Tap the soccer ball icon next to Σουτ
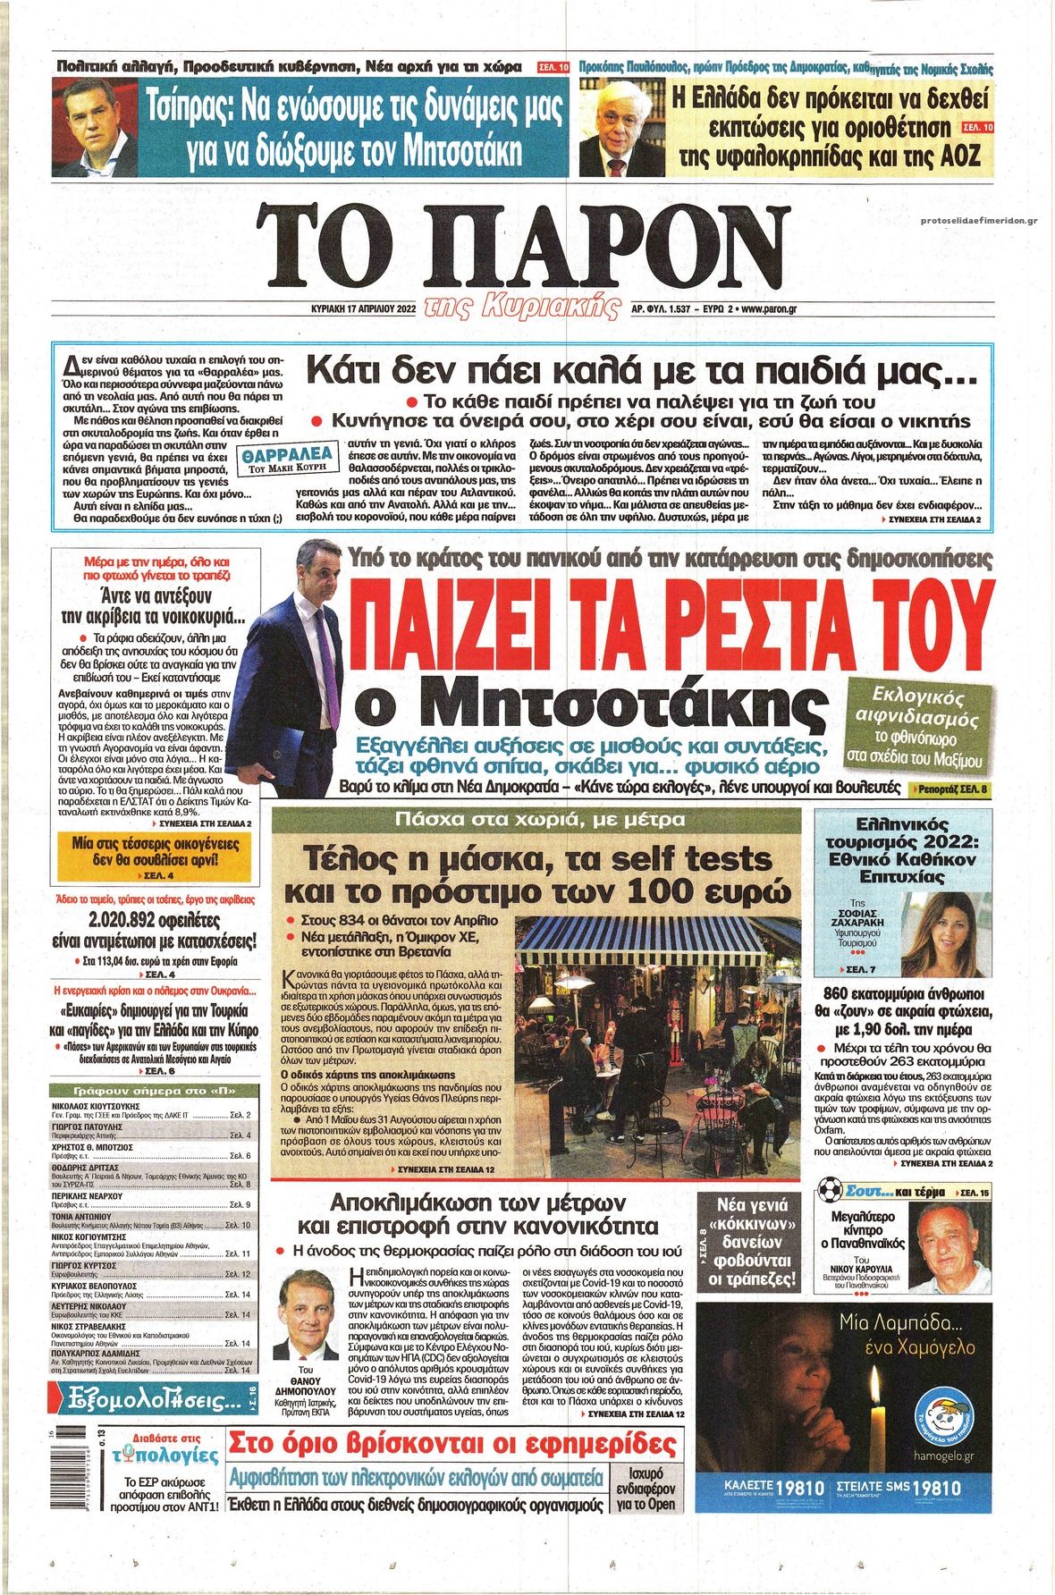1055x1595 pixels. coord(831,1192)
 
